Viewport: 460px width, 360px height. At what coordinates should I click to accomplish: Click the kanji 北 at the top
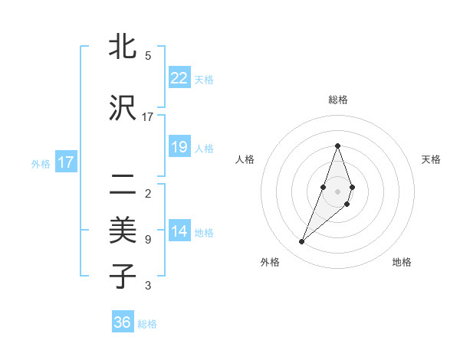click(x=123, y=48)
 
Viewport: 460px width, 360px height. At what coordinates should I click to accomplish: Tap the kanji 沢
click(x=123, y=108)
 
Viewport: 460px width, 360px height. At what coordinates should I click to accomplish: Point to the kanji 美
click(x=123, y=229)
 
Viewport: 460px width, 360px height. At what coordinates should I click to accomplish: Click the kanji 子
click(x=123, y=276)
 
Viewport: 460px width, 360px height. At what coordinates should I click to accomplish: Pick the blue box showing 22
click(x=179, y=77)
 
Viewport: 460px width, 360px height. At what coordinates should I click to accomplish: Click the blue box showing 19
click(x=179, y=147)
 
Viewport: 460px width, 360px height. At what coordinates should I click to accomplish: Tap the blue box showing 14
click(x=179, y=231)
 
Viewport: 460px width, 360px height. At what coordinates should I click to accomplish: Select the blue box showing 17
click(x=65, y=162)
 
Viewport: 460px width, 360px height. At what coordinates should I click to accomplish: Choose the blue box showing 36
click(x=123, y=322)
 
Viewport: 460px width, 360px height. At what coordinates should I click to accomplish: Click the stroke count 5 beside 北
click(x=148, y=56)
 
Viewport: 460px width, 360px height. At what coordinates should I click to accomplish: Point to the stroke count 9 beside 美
click(x=148, y=240)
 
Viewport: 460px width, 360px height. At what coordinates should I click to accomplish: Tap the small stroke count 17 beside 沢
click(x=148, y=117)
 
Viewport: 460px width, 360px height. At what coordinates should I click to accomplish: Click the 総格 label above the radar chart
click(x=337, y=100)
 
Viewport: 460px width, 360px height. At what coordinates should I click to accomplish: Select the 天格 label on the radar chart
click(x=432, y=159)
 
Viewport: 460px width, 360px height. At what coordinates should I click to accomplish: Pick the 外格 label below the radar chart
click(x=269, y=262)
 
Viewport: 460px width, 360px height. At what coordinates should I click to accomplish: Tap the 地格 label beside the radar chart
click(x=402, y=262)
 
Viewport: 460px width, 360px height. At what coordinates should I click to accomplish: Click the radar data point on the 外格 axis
click(x=301, y=242)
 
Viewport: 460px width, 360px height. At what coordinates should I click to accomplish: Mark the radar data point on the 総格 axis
click(x=337, y=146)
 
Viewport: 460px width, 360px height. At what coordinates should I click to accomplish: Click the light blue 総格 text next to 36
click(x=147, y=324)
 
